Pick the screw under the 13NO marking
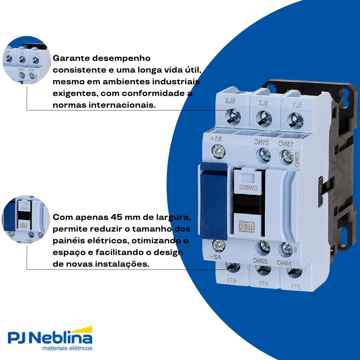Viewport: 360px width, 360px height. tap(288, 155)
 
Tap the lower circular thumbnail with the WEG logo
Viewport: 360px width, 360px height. tap(26, 220)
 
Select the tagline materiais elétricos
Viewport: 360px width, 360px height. tap(67, 348)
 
